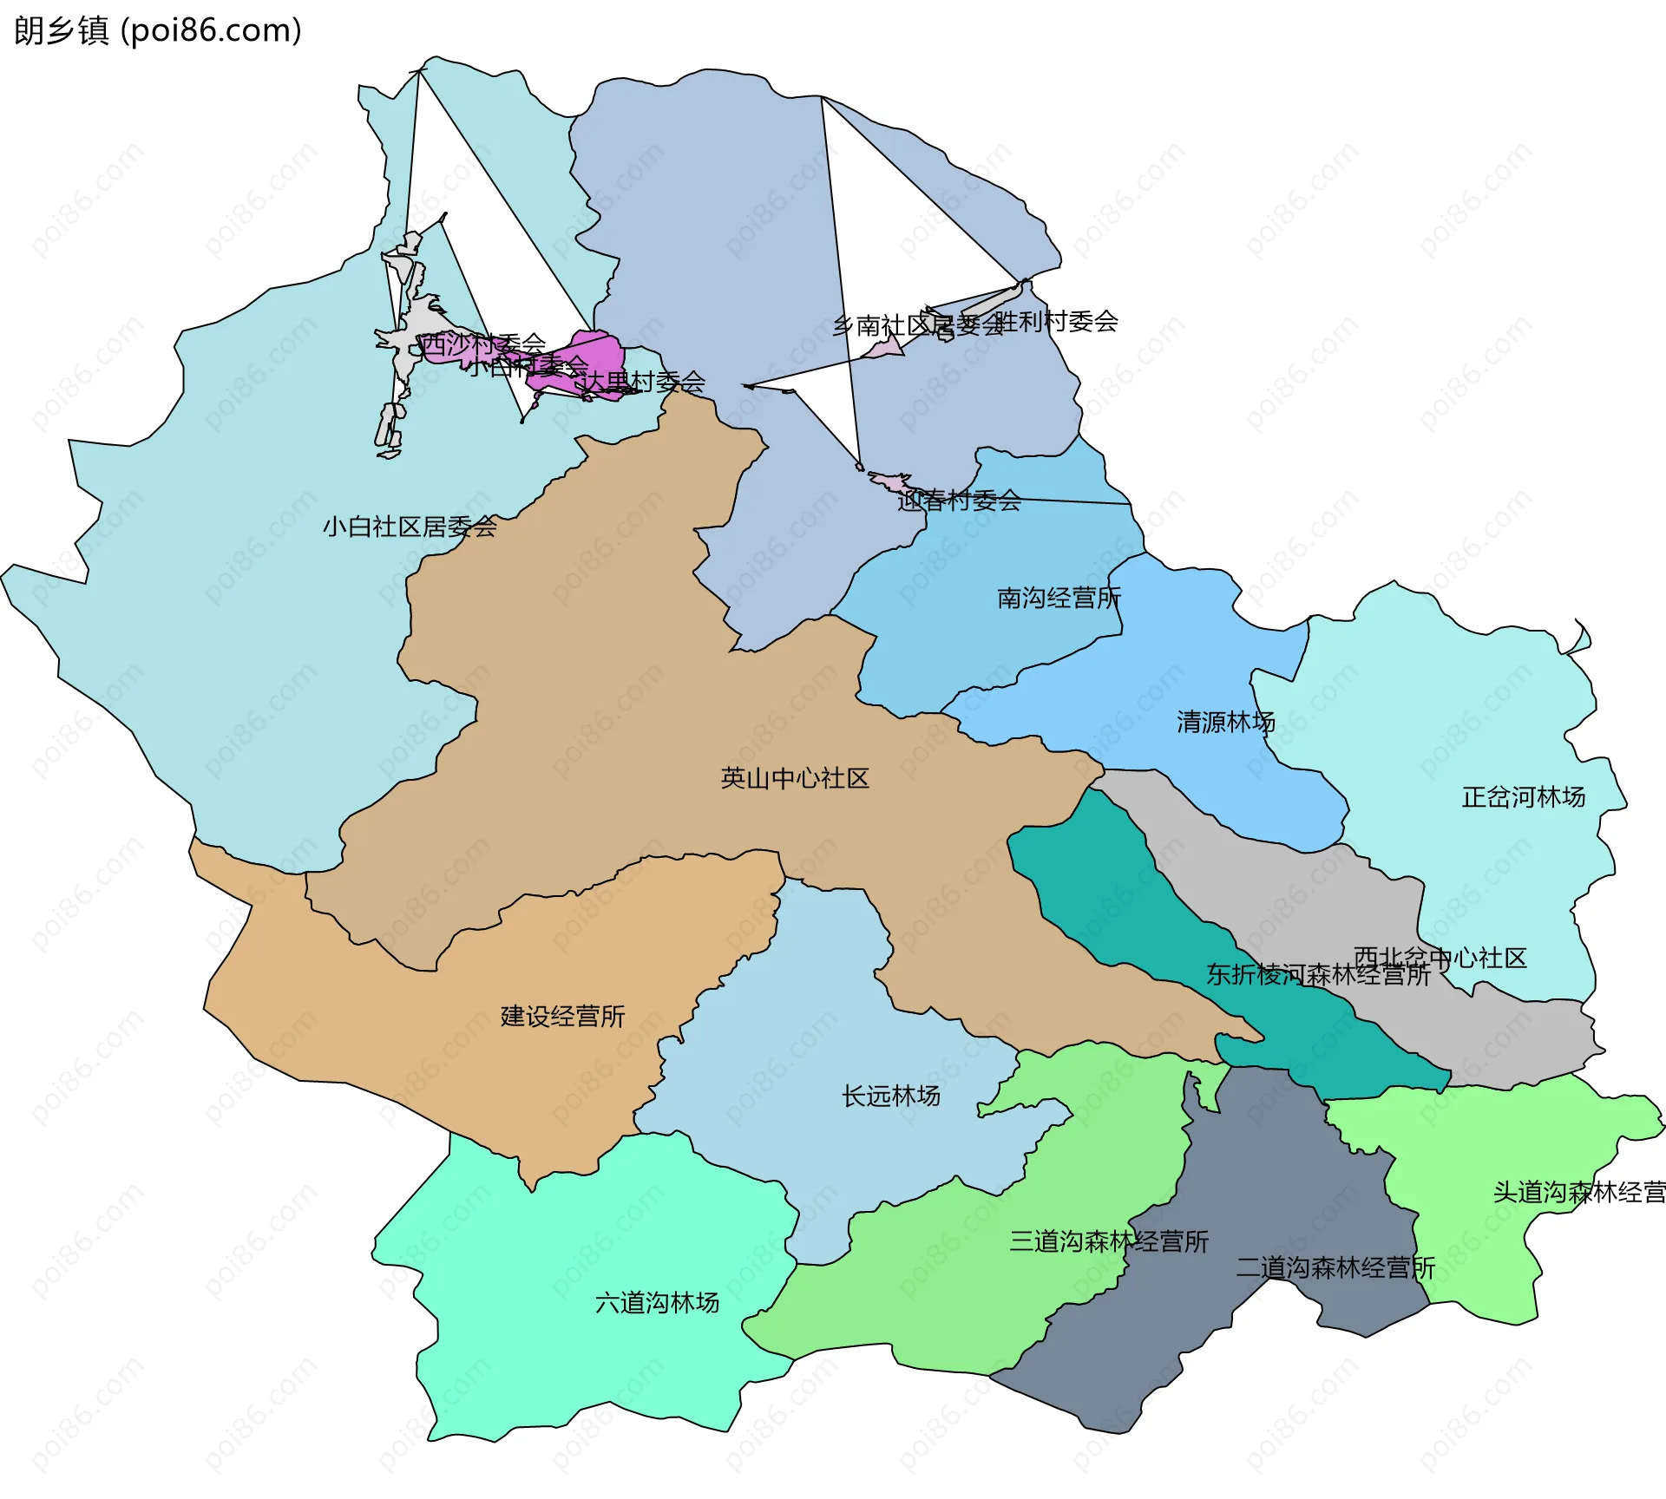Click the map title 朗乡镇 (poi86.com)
click(157, 30)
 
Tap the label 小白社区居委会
click(410, 527)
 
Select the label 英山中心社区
click(795, 778)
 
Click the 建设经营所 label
click(562, 1016)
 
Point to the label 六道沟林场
click(657, 1302)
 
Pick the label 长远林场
click(891, 1096)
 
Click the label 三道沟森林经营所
click(1109, 1241)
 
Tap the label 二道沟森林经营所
click(1335, 1267)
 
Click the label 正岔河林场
click(1524, 796)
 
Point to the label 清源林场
click(1226, 722)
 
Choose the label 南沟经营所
click(1059, 598)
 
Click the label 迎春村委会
click(959, 501)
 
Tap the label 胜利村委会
click(1057, 321)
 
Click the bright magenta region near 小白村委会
click(599, 351)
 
